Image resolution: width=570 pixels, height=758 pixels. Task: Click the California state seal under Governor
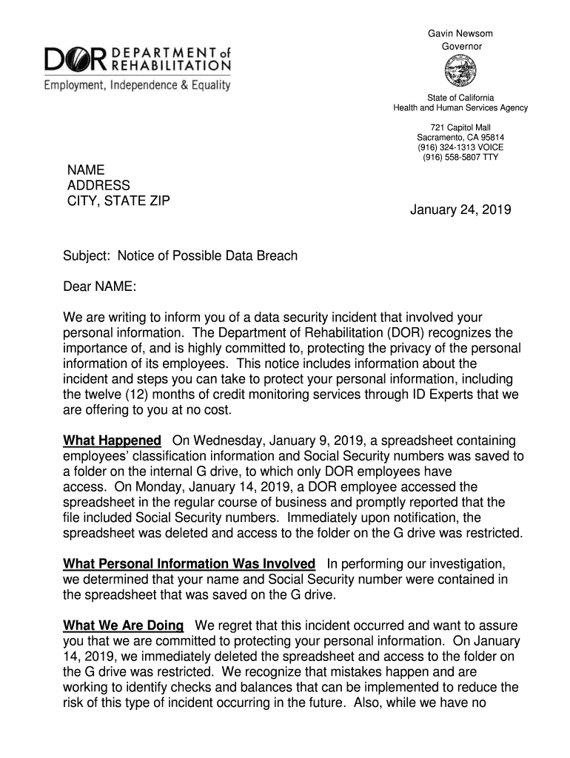[x=460, y=73]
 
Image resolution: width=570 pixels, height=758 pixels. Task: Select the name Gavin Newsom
[x=460, y=34]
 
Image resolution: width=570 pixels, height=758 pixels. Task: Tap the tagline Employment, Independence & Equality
[x=137, y=85]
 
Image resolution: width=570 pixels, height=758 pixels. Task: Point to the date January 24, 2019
[x=460, y=210]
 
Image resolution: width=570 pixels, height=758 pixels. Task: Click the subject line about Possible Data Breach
[x=181, y=256]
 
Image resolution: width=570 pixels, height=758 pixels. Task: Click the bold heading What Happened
[x=112, y=441]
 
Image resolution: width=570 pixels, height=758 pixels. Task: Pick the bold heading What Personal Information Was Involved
[x=190, y=564]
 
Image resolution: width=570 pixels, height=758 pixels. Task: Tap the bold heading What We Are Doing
[x=124, y=625]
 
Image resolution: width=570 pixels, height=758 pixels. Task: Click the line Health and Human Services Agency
[x=460, y=108]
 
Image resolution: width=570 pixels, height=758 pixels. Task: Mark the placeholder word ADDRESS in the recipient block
[x=98, y=185]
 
